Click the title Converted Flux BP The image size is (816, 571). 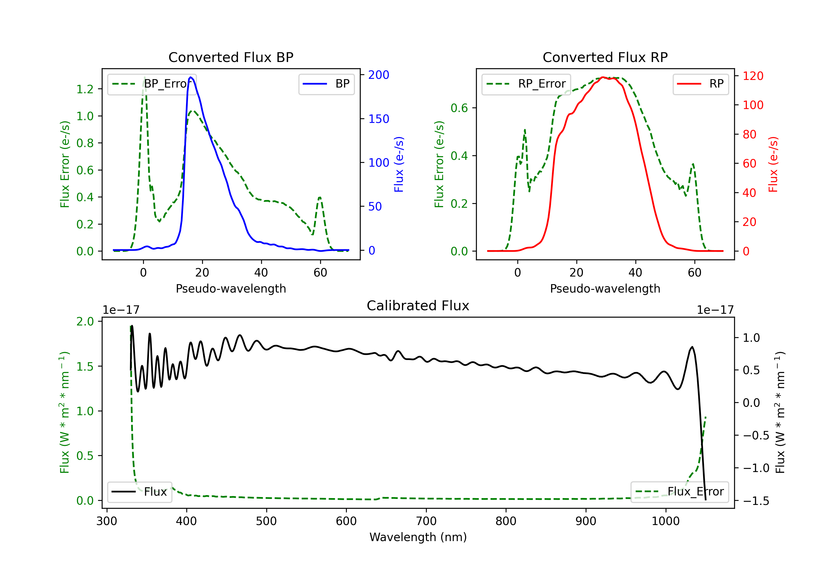coord(231,57)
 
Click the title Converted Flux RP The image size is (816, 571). coord(605,57)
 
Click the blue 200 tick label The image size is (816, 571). coord(379,75)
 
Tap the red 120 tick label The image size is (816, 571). coord(753,76)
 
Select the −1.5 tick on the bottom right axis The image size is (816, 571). coord(756,501)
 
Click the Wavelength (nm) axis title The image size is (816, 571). coord(418,537)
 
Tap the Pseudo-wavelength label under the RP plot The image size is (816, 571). coord(605,288)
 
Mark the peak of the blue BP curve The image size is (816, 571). coord(191,77)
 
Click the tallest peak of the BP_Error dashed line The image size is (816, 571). coord(144,77)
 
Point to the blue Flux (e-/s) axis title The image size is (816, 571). coord(399,164)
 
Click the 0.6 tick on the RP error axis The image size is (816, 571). coord(459,108)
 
